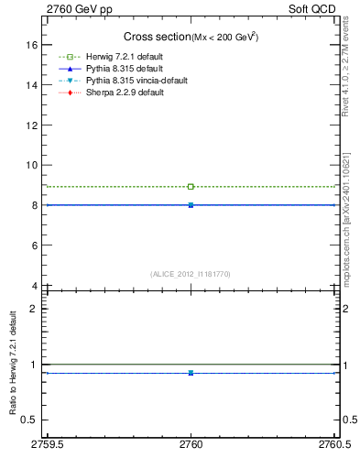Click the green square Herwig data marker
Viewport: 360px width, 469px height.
coord(191,187)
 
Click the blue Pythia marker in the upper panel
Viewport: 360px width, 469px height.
coord(191,205)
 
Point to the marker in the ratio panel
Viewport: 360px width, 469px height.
coord(191,373)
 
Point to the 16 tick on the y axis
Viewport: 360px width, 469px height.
coord(31,45)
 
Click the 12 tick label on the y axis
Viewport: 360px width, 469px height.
coord(31,125)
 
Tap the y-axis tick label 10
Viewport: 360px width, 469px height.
coord(31,165)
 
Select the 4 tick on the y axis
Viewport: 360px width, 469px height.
coord(34,286)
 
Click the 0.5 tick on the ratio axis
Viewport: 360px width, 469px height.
coord(28,420)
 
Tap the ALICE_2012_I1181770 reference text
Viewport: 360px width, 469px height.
coord(191,274)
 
